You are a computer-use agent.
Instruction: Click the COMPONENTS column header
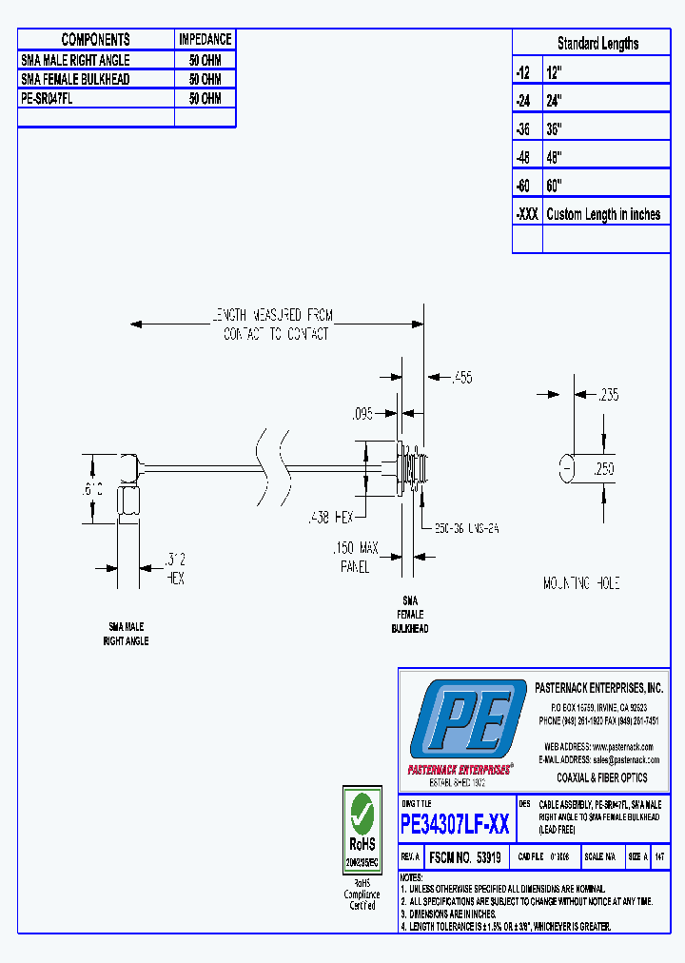click(x=95, y=39)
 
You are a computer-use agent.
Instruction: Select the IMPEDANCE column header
click(x=205, y=39)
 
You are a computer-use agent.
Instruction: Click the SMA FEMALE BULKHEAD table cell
click(x=75, y=79)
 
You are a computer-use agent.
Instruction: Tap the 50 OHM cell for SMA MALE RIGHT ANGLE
click(x=205, y=60)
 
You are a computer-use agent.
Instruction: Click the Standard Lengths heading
click(x=597, y=44)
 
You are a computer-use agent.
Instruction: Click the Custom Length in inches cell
click(x=603, y=214)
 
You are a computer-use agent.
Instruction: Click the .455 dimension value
click(x=461, y=378)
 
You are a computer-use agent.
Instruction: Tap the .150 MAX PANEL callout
click(x=355, y=557)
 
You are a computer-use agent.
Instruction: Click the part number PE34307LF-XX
click(x=455, y=824)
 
